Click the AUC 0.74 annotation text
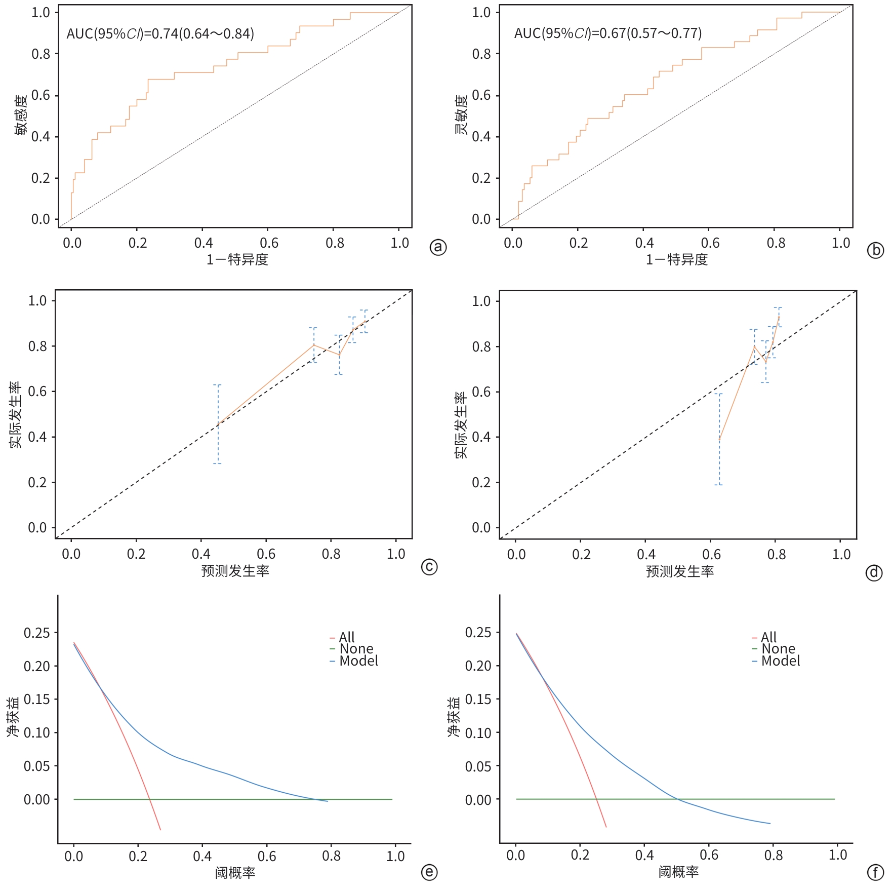coord(160,34)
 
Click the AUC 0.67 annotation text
coord(607,33)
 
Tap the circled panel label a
coord(438,247)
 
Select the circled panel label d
coord(874,572)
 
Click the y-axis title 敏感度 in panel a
coord(21,115)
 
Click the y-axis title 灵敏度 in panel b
coord(461,115)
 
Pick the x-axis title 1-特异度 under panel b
coord(676,260)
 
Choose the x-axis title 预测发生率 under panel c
coord(235,571)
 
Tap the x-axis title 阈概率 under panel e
coord(235,872)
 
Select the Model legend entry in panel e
coord(358,661)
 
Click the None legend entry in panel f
coord(778,649)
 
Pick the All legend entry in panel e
coord(346,637)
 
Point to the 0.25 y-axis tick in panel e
coord(37,633)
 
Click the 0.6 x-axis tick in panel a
coord(269,243)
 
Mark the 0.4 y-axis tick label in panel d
coord(481,437)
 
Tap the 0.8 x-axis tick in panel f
coord(774,856)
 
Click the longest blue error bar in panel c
coord(218,424)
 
